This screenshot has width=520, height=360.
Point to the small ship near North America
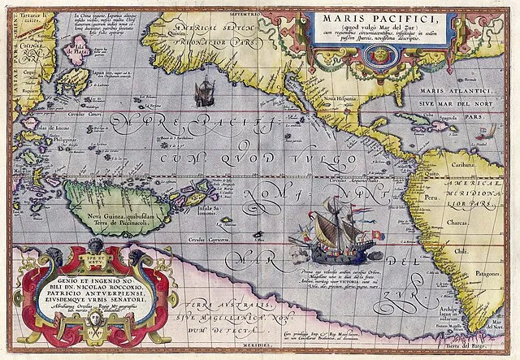point(206,91)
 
